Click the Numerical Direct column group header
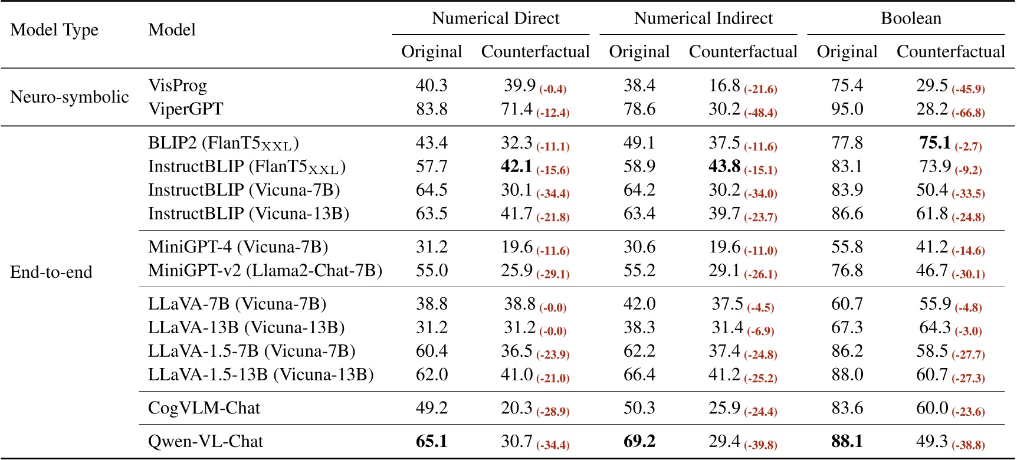(496, 18)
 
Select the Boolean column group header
(911, 18)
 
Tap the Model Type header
(54, 29)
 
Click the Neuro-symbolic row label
(70, 97)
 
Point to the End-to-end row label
(51, 272)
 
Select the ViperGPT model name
(186, 109)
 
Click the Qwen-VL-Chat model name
(205, 442)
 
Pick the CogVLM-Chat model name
(204, 408)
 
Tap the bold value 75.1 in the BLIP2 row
(935, 143)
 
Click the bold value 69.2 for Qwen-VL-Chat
(639, 442)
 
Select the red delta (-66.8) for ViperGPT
(968, 113)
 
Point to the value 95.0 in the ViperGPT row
(847, 109)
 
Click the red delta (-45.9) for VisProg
(968, 89)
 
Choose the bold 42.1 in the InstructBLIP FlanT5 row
(516, 166)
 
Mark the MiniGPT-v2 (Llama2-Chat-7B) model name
(265, 271)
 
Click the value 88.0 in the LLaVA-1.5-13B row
(847, 374)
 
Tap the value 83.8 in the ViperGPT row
(431, 109)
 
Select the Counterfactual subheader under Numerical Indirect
(743, 52)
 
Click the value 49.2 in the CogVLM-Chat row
(431, 408)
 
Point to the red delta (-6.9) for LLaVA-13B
(760, 331)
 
